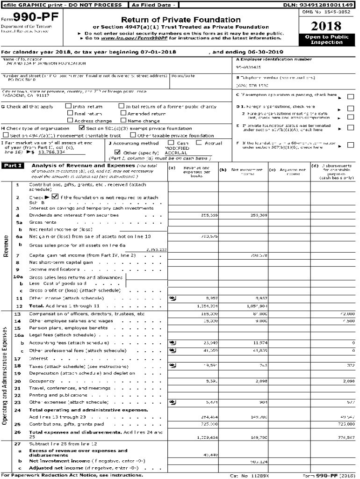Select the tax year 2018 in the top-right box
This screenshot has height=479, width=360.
326,26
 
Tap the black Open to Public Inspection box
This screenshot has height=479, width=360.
326,39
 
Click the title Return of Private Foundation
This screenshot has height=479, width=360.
180,20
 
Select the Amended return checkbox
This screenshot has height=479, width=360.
123,113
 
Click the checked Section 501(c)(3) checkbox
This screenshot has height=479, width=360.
82,128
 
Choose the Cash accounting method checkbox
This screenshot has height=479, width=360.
173,143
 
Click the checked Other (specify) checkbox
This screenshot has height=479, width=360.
118,152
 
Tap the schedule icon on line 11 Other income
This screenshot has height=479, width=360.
173,298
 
